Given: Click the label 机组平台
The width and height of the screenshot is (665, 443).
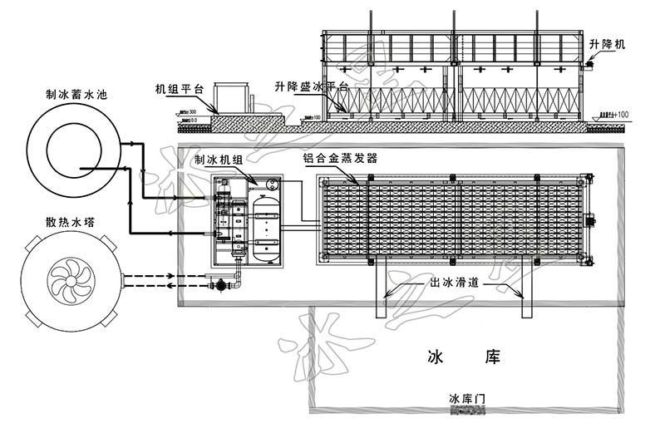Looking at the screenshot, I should (x=178, y=89).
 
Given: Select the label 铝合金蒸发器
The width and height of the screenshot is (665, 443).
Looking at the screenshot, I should (x=341, y=157).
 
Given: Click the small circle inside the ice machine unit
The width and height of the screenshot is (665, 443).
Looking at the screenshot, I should (x=270, y=185).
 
